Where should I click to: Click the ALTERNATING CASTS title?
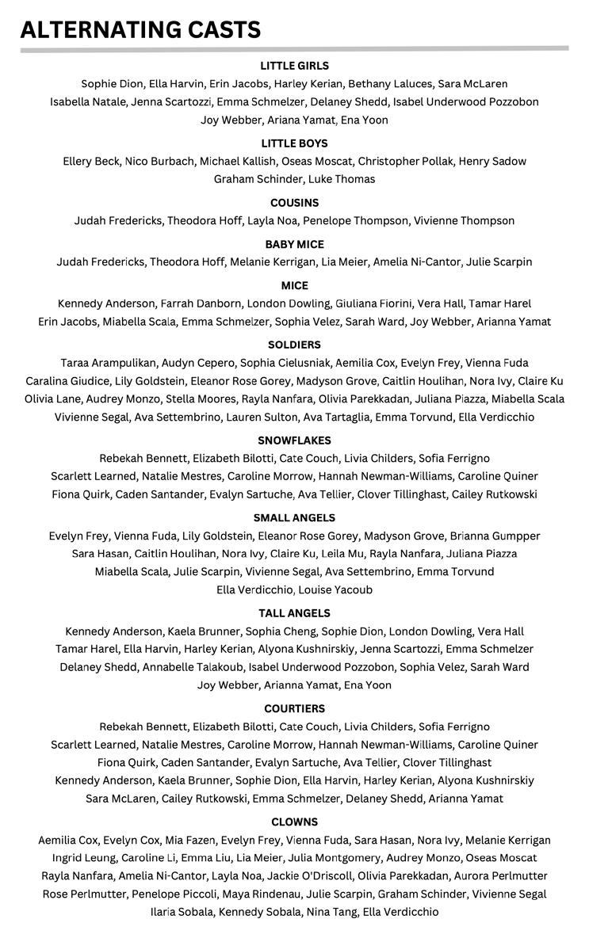pyautogui.click(x=140, y=30)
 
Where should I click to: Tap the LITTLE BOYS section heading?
pyautogui.click(x=294, y=143)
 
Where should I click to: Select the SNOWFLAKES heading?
pyautogui.click(x=294, y=440)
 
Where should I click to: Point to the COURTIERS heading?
pyautogui.click(x=294, y=709)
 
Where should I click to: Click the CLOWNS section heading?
pyautogui.click(x=294, y=822)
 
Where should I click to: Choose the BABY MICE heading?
pyautogui.click(x=294, y=244)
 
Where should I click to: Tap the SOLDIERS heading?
pyautogui.click(x=294, y=345)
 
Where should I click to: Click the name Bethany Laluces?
pyautogui.click(x=390, y=84)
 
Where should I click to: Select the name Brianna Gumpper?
pyautogui.click(x=495, y=536)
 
